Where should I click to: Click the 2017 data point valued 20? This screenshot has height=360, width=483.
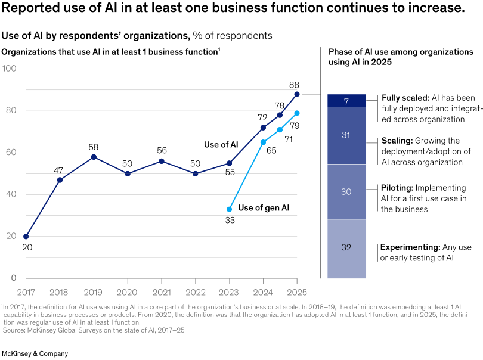coord(26,236)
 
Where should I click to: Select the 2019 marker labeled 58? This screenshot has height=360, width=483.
coord(94,157)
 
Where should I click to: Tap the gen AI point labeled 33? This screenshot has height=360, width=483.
coord(230,209)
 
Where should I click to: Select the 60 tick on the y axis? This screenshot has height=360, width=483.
coord(11,153)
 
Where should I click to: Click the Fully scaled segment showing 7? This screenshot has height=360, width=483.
coord(346,101)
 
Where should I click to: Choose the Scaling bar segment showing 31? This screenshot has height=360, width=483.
coord(346,135)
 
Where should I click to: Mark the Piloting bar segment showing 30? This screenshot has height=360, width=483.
coord(346,191)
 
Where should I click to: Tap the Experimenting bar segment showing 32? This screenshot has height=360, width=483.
coord(346,248)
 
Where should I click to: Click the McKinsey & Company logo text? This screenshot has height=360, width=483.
coord(35,353)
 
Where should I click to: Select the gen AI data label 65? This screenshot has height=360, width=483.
coord(271,151)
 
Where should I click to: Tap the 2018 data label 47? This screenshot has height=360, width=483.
coord(60,170)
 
